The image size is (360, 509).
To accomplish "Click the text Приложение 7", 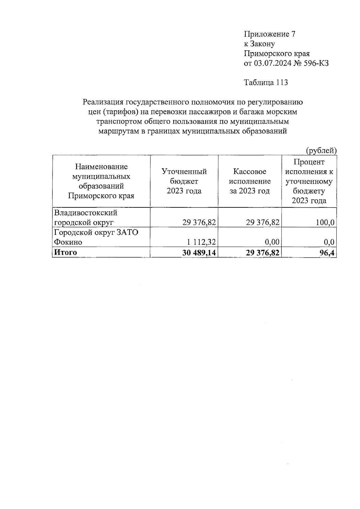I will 270,34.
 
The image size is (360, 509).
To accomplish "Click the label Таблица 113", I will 266,82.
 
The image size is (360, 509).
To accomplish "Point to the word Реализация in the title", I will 103,102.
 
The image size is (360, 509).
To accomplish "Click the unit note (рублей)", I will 321,150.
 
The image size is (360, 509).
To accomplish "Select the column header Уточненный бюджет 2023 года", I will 184,181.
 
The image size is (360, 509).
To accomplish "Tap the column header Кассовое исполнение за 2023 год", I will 250,181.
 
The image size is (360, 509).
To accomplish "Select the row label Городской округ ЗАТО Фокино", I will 96,237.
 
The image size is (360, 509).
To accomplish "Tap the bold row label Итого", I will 65,252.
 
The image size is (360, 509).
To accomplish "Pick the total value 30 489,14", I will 199,253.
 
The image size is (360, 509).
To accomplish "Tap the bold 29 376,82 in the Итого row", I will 263,253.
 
